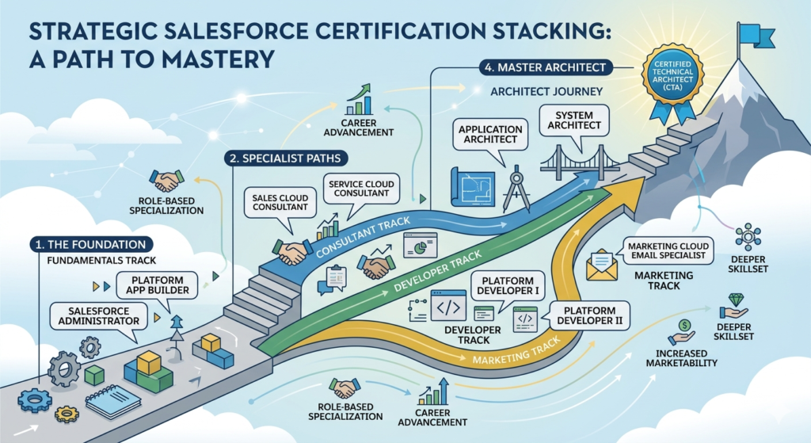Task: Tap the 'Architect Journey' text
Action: [546, 92]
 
